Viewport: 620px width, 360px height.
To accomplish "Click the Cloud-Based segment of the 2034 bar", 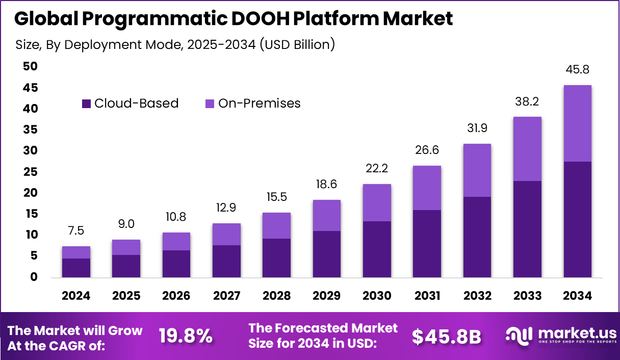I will click(577, 219).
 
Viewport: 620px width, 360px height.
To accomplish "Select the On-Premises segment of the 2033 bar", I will click(527, 149).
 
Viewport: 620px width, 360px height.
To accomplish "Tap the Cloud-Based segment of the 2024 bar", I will click(76, 268).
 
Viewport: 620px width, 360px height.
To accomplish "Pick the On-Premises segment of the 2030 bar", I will click(377, 202).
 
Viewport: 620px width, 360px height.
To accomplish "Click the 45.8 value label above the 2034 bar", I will click(577, 70).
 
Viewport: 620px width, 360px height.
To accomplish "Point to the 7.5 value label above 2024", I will click(76, 231).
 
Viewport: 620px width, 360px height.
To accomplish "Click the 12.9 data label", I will click(226, 208).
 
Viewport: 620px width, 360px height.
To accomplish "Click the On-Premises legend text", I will click(259, 104).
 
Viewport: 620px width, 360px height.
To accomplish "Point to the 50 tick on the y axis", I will click(30, 66).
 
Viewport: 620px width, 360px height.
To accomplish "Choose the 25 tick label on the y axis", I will click(30, 172).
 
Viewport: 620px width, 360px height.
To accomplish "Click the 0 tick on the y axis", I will click(34, 277).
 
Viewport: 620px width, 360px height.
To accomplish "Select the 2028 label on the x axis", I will click(276, 296).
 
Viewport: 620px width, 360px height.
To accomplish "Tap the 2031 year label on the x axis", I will click(427, 296).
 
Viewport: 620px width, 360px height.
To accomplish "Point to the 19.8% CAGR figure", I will click(185, 336).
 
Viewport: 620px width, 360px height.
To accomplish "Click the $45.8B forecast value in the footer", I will click(446, 336).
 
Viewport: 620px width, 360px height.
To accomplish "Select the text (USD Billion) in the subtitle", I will click(297, 44).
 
